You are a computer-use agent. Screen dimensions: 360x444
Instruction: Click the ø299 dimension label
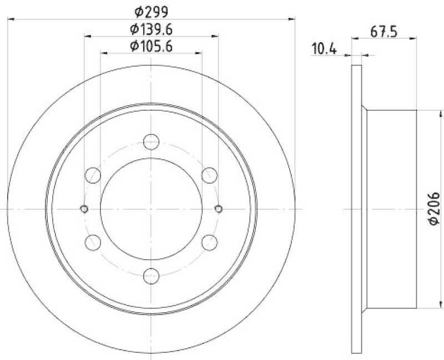click(151, 10)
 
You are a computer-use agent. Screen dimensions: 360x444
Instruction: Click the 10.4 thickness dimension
click(325, 49)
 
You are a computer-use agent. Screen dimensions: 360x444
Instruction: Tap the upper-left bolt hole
click(93, 175)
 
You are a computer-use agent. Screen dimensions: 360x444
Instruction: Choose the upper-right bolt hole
click(209, 175)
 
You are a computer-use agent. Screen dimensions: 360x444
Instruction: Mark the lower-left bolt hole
click(93, 242)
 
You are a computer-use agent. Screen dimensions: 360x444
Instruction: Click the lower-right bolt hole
click(209, 242)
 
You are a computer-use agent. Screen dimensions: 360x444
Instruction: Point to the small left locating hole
click(84, 209)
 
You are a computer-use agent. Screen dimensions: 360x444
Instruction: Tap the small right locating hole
click(218, 209)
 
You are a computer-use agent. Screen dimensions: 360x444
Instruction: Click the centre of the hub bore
click(151, 209)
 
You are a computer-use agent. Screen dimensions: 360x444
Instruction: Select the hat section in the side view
click(391, 209)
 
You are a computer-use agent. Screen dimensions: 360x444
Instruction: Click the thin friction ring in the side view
click(357, 209)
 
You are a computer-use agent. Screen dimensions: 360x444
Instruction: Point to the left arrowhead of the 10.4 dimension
click(349, 55)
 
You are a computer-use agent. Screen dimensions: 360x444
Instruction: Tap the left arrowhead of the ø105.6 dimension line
click(104, 53)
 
